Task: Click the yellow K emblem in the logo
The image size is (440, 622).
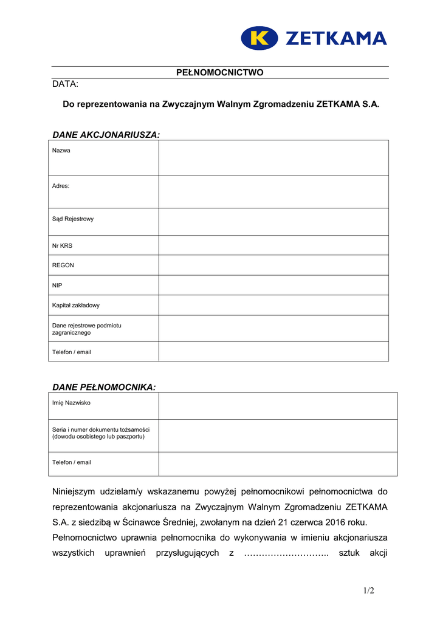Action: point(260,38)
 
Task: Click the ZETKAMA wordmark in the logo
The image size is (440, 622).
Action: point(335,39)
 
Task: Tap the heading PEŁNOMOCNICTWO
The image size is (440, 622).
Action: point(220,72)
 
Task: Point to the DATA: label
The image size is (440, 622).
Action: point(66,84)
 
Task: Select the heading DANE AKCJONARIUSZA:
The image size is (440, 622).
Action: point(106,134)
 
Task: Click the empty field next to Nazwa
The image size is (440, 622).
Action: point(273,158)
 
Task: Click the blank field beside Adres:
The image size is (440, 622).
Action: point(273,192)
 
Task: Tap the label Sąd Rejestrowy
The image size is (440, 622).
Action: point(73,219)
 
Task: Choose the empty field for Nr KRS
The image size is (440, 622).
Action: point(273,245)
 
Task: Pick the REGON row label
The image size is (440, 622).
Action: point(63,265)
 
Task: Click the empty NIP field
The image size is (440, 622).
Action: point(273,285)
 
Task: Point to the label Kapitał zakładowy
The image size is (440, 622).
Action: point(76,306)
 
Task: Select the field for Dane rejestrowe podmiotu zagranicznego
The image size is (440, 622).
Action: point(273,329)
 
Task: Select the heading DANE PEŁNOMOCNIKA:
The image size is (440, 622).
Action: point(104,387)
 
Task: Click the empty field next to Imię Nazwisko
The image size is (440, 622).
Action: point(278,406)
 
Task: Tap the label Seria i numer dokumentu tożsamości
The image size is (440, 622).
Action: point(101,429)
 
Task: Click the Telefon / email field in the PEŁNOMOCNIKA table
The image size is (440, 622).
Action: point(278,464)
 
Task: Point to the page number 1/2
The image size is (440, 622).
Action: point(369,591)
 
